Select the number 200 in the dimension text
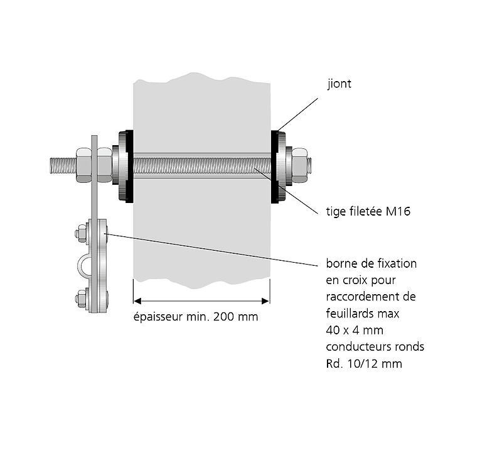[x=224, y=317]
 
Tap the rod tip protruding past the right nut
[x=311, y=166]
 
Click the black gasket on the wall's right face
[x=274, y=167]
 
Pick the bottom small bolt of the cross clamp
[x=81, y=298]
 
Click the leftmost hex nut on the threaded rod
[x=83, y=165]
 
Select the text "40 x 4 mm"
[x=353, y=329]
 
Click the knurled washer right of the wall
[x=286, y=167]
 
